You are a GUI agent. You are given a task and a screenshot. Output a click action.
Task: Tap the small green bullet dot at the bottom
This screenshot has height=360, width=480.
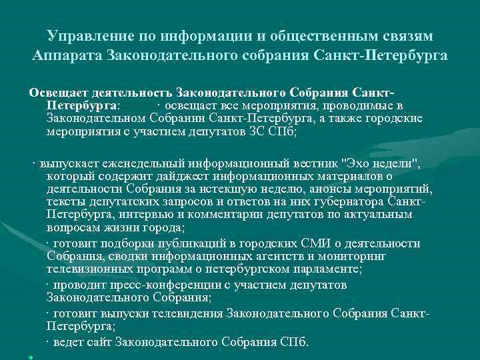tap(31, 357)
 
